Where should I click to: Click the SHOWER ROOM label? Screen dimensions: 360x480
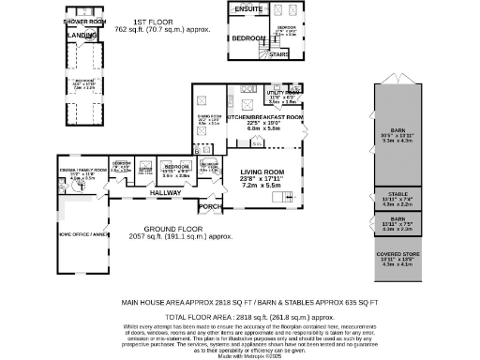tap(82, 21)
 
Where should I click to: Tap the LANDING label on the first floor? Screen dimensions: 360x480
tap(82, 37)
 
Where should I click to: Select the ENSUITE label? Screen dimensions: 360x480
tap(248, 10)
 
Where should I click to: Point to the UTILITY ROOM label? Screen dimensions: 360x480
tap(282, 94)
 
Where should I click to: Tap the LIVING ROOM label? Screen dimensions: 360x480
tap(262, 172)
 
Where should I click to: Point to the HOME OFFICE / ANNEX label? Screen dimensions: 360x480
tap(78, 235)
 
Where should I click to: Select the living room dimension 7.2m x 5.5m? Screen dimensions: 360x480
tap(262, 187)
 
